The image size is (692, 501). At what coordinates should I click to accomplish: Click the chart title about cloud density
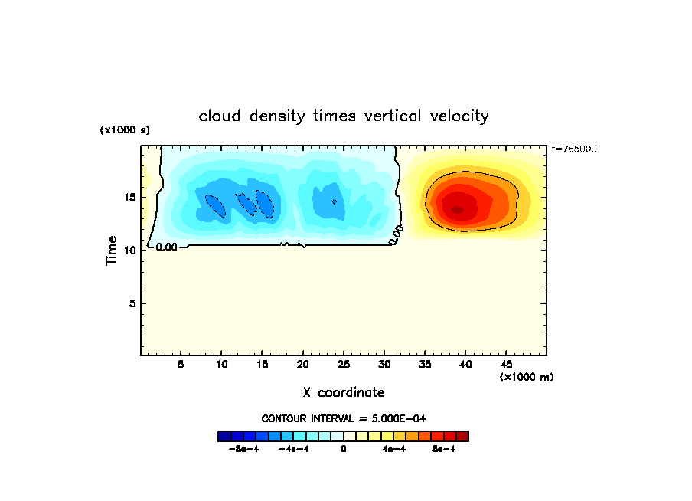pos(344,116)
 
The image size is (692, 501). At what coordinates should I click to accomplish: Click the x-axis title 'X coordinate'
pos(344,392)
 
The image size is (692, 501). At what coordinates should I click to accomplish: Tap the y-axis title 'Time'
pos(112,250)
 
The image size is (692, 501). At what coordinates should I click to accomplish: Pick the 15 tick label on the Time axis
pos(130,198)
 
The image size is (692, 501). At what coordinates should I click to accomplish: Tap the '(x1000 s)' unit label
pos(125,130)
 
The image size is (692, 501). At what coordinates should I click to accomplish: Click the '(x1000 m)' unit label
pos(527,377)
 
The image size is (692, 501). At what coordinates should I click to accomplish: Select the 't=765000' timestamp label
pos(573,149)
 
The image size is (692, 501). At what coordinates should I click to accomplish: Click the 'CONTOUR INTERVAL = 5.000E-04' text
pos(344,418)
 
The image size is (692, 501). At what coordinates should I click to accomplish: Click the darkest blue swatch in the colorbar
pos(224,436)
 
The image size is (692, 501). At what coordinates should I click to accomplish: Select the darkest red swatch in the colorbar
pos(462,436)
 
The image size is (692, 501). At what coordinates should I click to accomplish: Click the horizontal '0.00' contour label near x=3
pos(166,247)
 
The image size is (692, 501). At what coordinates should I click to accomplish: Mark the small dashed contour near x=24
pos(335,201)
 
